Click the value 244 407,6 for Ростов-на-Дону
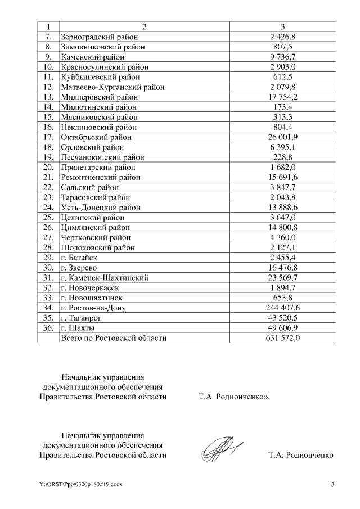(283, 308)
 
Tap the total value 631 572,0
(283, 338)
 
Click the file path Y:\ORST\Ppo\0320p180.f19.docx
(80, 484)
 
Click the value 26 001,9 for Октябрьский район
(283, 137)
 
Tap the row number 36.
(48, 328)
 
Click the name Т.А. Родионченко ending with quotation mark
(234, 397)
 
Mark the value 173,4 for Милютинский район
(283, 107)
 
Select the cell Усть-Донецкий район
(100, 207)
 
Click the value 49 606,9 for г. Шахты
(283, 328)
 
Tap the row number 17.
(48, 137)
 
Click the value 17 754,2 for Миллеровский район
(283, 97)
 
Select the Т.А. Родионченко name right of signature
(301, 455)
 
